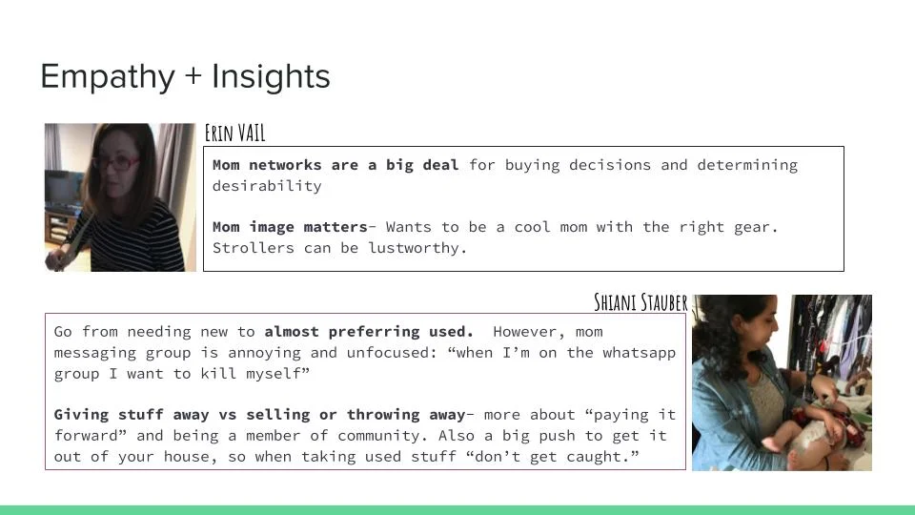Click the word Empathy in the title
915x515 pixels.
coord(108,76)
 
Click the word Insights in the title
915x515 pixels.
coord(271,76)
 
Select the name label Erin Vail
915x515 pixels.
coord(234,133)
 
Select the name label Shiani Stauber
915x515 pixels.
coord(640,302)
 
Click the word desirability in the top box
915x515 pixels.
coord(267,186)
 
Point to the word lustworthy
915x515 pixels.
coord(417,248)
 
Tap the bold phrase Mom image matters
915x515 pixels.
coord(290,227)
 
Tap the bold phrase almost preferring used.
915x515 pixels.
coord(369,332)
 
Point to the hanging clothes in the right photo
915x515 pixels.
coord(839,334)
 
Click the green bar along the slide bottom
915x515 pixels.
coord(457,509)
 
